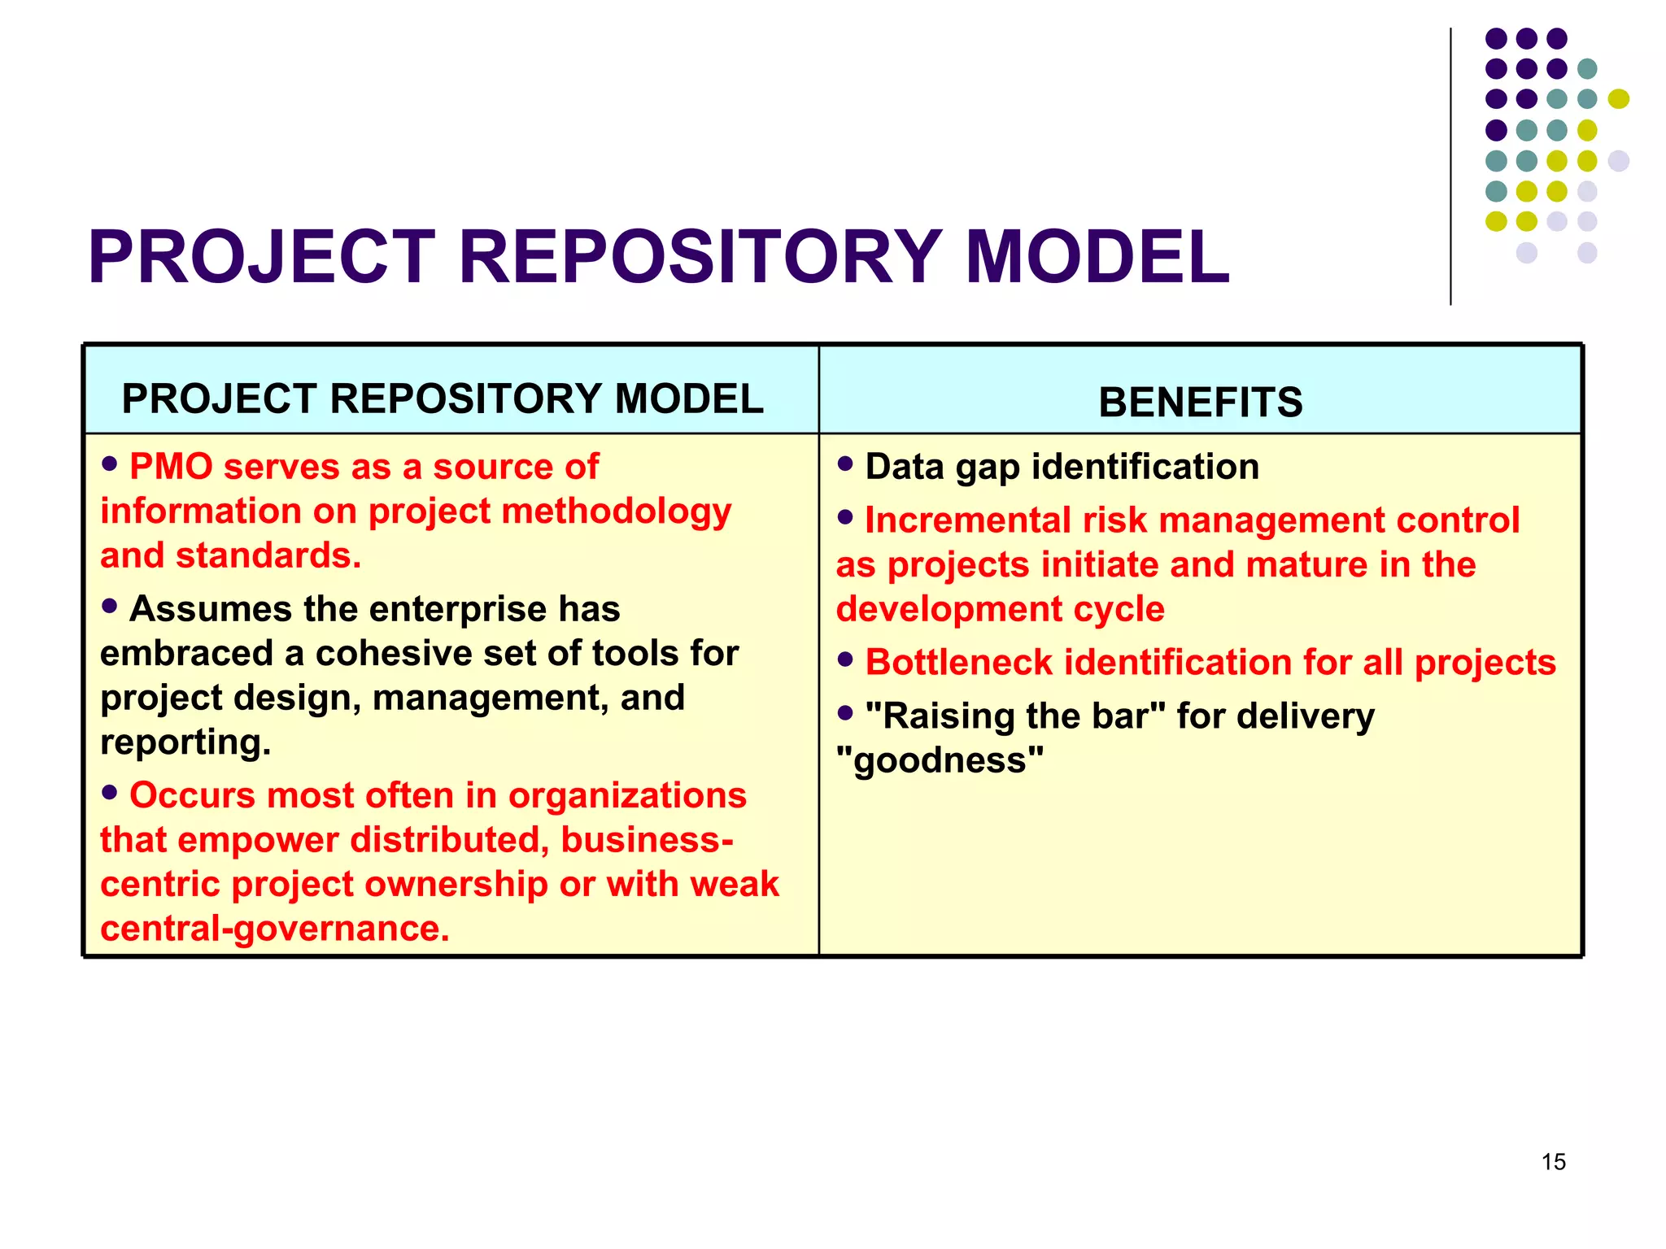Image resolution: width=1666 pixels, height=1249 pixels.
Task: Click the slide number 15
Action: tap(1553, 1162)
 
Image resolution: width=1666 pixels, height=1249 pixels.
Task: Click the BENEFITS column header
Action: tap(1200, 402)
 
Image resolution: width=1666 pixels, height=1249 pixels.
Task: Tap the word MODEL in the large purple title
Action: tap(1097, 257)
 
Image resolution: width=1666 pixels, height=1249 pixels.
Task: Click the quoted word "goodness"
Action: tap(940, 761)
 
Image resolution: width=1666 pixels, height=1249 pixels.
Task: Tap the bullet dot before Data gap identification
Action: tap(845, 464)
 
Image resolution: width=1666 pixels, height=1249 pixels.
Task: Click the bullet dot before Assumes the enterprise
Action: tap(110, 606)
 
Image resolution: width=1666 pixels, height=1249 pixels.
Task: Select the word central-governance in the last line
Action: tap(273, 929)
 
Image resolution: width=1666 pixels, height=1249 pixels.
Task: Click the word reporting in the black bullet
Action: tap(185, 742)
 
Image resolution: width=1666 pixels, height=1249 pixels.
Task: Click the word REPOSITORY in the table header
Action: tap(465, 398)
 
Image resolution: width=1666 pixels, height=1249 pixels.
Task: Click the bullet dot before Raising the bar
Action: tap(845, 713)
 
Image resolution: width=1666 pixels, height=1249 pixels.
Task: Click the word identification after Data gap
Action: tap(1145, 467)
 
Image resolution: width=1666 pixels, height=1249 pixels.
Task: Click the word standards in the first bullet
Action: tap(268, 556)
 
